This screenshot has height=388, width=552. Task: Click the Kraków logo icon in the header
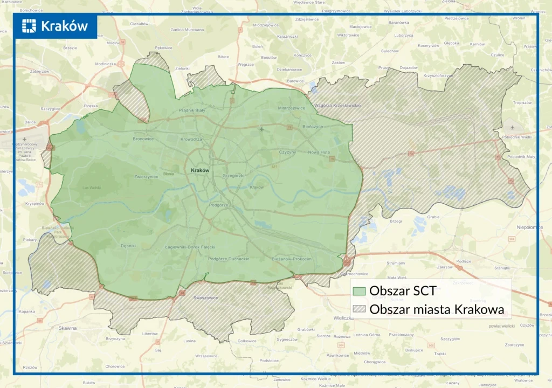point(29,26)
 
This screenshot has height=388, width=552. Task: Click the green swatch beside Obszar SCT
point(360,290)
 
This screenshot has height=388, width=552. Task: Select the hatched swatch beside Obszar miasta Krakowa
point(360,309)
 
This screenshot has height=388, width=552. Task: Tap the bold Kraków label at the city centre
point(199,170)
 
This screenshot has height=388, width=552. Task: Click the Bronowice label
point(143,139)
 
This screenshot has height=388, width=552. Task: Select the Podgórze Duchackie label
point(229,259)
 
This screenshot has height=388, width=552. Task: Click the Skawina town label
point(68,328)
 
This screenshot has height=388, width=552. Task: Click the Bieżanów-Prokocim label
point(292,259)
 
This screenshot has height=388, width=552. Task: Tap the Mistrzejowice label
point(291,108)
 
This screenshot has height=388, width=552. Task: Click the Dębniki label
point(128,246)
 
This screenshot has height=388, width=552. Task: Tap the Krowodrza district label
point(191,139)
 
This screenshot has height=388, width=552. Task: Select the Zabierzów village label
point(39,71)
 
